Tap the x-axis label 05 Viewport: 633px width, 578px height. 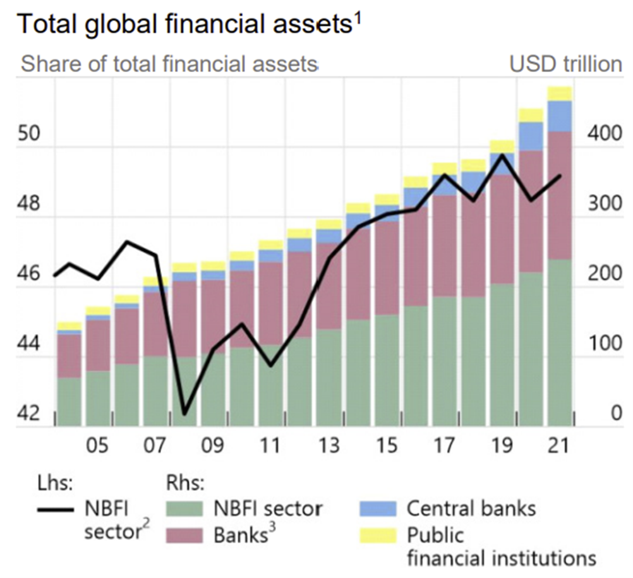[98, 445]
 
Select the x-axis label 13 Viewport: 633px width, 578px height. [329, 445]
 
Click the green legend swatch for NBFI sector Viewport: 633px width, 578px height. [183, 508]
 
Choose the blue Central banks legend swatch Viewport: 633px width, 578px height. [378, 508]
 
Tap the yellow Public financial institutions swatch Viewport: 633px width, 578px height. [378, 536]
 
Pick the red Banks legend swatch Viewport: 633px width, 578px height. [183, 536]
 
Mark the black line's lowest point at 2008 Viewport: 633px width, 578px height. [184, 414]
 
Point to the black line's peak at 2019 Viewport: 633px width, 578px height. [502, 154]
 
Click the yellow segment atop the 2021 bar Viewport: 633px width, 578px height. [559, 93]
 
